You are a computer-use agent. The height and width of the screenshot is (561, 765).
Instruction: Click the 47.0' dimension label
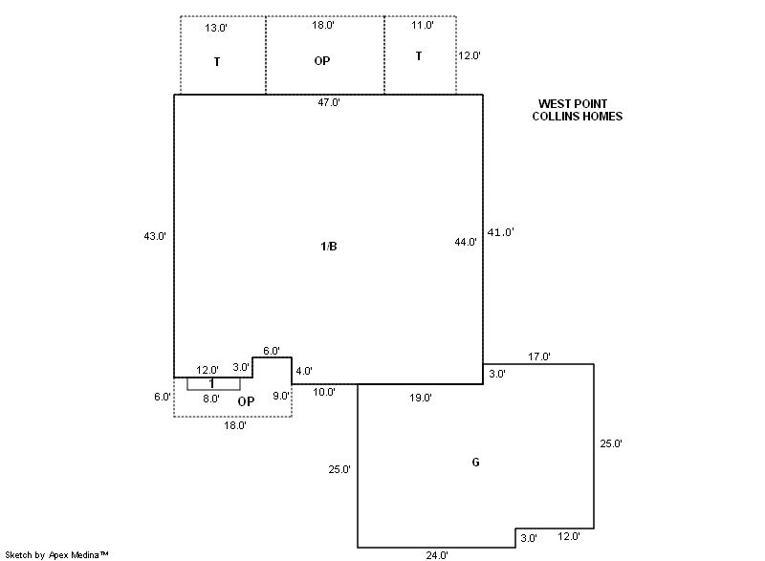328,102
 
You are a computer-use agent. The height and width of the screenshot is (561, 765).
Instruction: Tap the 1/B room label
328,247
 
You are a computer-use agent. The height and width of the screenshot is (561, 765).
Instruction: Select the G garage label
475,463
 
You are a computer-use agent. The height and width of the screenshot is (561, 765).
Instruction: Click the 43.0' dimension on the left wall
155,235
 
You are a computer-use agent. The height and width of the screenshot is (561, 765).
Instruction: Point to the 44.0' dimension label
466,243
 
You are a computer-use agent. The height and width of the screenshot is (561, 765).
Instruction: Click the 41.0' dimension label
501,232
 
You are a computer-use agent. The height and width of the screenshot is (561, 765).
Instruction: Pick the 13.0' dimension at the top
217,28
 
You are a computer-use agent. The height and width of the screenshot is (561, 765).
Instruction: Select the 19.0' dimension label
420,397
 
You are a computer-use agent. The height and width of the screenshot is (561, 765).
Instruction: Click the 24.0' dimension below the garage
437,554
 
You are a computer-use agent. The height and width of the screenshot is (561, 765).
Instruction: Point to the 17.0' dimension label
539,357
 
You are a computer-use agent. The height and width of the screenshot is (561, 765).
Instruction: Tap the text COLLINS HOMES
578,117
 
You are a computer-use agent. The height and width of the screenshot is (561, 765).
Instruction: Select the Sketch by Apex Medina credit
57,553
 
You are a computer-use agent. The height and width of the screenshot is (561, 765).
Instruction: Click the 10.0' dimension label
324,392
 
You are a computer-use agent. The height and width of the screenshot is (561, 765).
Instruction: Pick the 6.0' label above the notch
272,351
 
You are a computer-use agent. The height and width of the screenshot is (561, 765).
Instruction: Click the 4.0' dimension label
304,371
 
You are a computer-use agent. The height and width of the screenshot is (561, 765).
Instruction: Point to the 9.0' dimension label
281,397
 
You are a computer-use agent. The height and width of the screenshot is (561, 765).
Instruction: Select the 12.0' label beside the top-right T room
470,55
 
